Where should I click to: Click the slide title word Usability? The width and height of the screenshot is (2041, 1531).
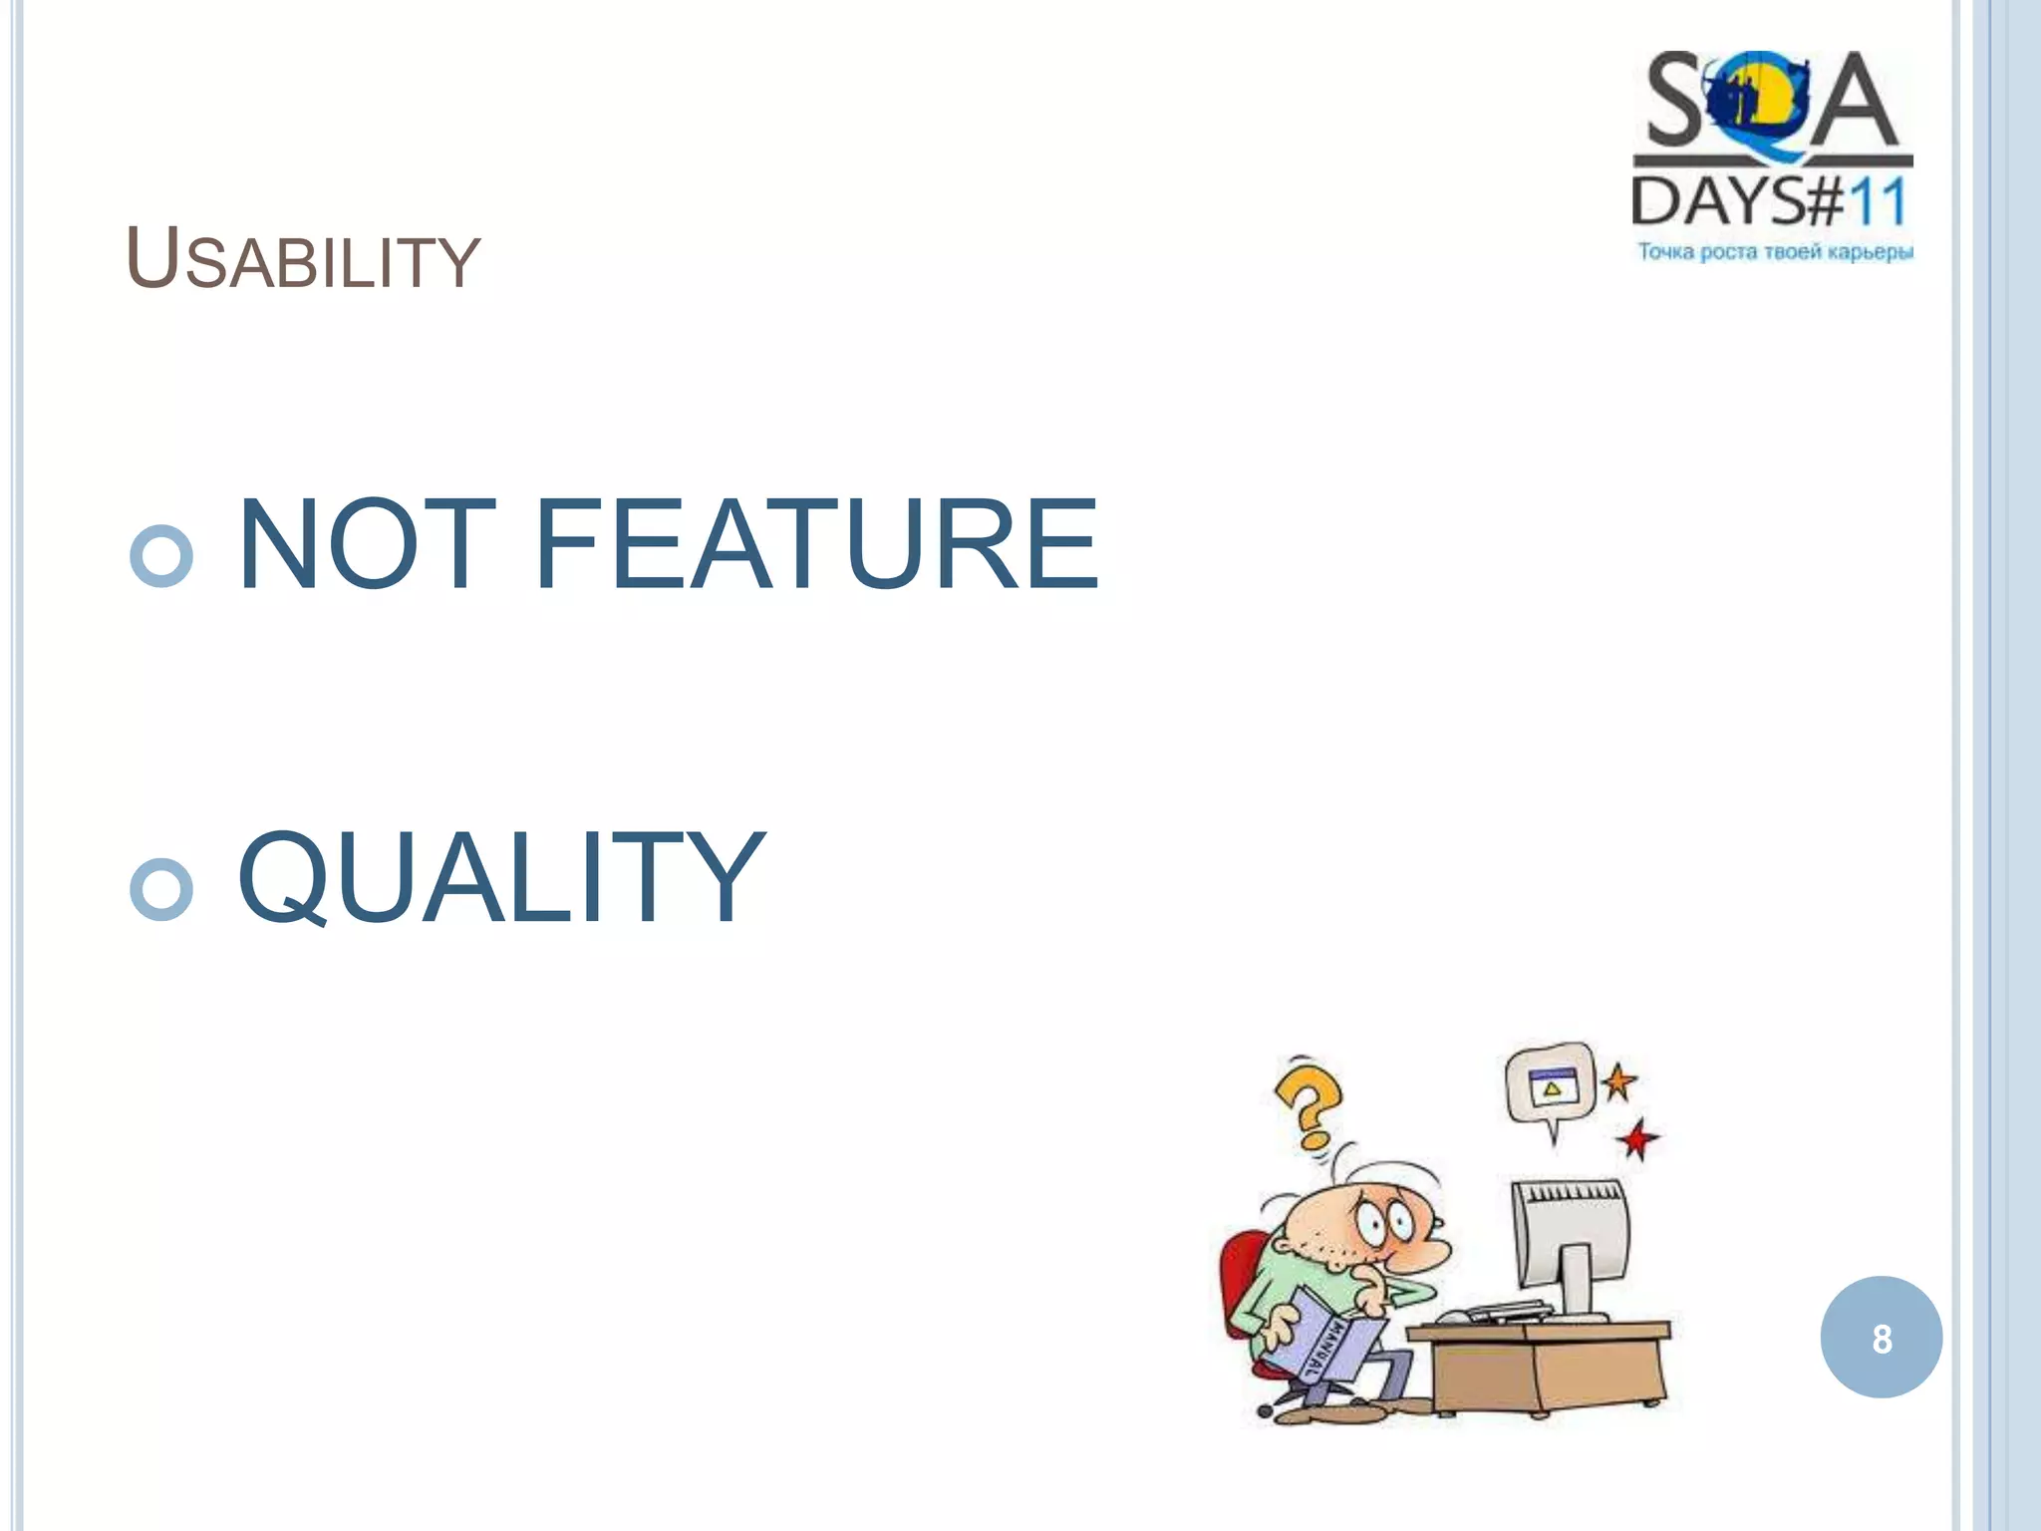pos(303,260)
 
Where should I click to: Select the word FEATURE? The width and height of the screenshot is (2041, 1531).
pos(816,545)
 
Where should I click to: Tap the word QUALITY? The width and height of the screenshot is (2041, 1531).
pos(501,877)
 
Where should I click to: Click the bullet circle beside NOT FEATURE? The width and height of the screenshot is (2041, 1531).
pos(161,555)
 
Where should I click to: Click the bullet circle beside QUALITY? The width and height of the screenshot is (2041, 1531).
pos(161,888)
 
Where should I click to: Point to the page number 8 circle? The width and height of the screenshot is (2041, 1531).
pos(1881,1338)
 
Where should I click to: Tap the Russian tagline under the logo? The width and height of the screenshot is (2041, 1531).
pos(1775,252)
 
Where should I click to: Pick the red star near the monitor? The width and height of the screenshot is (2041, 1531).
pos(1637,1138)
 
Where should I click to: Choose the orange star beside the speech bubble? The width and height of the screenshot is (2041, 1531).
pos(1618,1081)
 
